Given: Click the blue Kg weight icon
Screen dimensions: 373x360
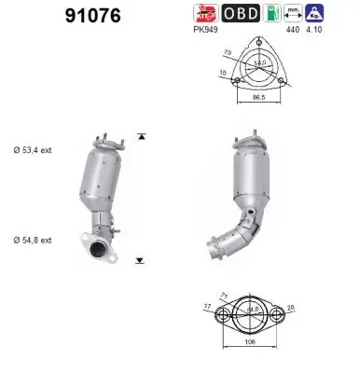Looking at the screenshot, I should coord(318,12).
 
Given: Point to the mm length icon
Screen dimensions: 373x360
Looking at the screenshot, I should coord(295,12).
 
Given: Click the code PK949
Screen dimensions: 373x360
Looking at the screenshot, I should coord(204,30).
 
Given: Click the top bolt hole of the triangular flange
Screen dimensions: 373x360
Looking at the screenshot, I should coord(256,41).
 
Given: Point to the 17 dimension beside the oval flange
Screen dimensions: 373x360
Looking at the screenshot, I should coord(205,306).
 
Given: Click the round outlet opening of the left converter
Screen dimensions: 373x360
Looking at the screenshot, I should coord(96,248).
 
